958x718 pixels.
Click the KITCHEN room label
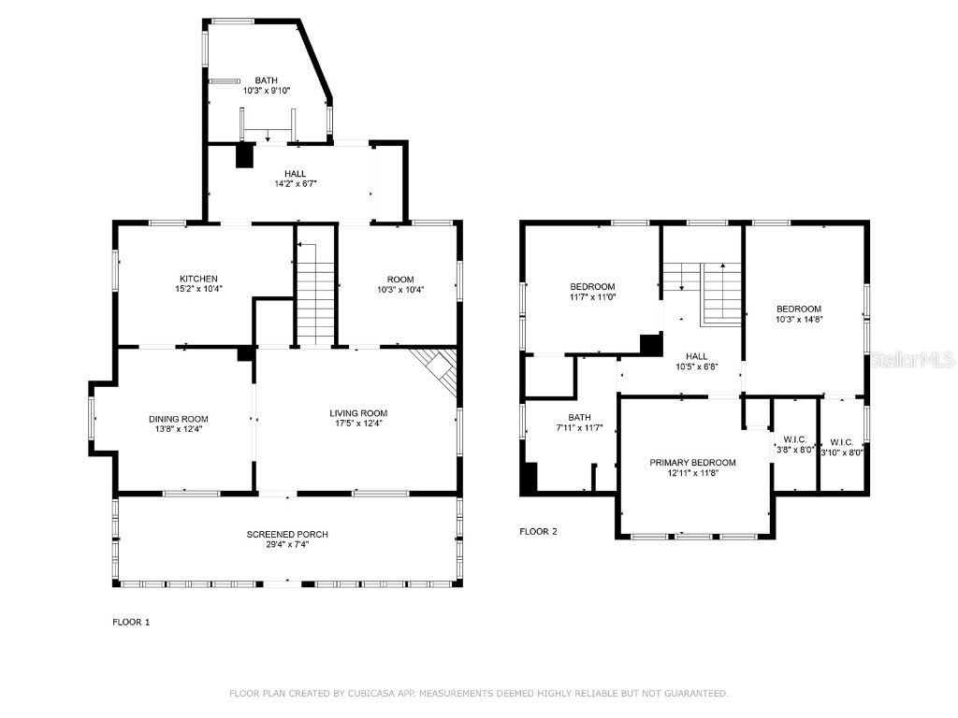(198, 279)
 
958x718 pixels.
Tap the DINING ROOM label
(178, 419)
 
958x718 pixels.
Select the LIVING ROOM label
(358, 413)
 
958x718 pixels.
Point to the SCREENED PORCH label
(287, 535)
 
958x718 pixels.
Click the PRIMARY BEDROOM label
(693, 463)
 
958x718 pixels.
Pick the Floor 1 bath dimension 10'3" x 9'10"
(267, 92)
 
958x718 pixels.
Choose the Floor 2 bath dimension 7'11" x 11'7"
(579, 428)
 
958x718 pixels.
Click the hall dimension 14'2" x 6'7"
(295, 184)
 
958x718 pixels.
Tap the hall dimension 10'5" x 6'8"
(696, 366)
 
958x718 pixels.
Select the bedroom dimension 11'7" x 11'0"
(593, 297)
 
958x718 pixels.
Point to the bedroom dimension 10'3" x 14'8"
(798, 320)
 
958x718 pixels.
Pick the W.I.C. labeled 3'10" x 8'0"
(841, 452)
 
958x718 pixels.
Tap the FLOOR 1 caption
(131, 622)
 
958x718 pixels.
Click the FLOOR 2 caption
(538, 532)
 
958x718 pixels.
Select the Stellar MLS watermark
(912, 359)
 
